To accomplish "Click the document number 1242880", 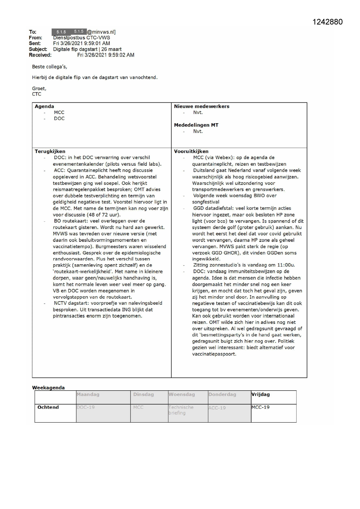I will coord(328,22).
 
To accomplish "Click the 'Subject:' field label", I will coord(38,49).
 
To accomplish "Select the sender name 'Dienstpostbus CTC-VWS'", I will coord(82,38).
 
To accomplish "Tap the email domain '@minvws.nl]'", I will coord(101,32).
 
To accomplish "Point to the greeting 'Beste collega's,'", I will coord(50,67).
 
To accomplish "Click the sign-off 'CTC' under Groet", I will coord(37,94).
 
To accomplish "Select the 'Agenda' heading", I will coord(44,107).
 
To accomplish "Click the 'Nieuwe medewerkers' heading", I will coord(202,107).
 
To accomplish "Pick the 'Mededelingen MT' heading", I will coord(196,125).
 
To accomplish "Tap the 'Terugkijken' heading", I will coord(50,151).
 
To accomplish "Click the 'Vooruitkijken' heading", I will coord(191,151).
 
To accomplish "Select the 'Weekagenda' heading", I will coord(48,388).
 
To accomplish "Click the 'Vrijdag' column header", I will coord(260,394).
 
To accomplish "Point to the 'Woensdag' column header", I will coord(182,394).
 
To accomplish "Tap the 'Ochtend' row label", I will coord(48,407).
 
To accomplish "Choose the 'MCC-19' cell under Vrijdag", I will coord(260,407).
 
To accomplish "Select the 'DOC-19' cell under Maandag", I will coord(86,407).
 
